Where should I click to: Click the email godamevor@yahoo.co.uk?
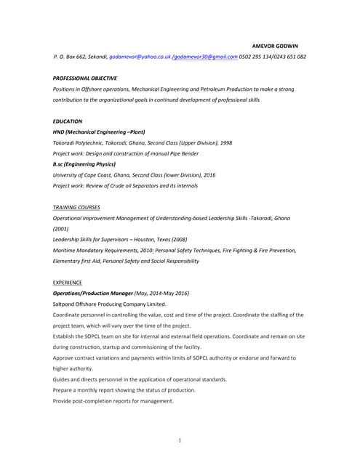pyautogui.click(x=140, y=56)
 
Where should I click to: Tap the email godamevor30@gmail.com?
pyautogui.click(x=205, y=56)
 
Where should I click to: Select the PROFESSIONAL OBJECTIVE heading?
pyautogui.click(x=85, y=78)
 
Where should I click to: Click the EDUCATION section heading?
pyautogui.click(x=68, y=121)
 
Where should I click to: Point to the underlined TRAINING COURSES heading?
pyautogui.click(x=77, y=208)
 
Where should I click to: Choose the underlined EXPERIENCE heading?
pyautogui.click(x=68, y=282)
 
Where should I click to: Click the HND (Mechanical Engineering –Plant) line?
pyautogui.click(x=99, y=132)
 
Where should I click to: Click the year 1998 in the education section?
pyautogui.click(x=225, y=143)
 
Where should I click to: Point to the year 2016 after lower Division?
pyautogui.click(x=209, y=175)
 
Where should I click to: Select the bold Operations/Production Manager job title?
pyautogui.click(x=93, y=294)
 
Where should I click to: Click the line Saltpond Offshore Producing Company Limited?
pyautogui.click(x=110, y=304)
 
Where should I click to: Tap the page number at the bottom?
pyautogui.click(x=180, y=440)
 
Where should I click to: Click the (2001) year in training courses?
pyautogui.click(x=61, y=229)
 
